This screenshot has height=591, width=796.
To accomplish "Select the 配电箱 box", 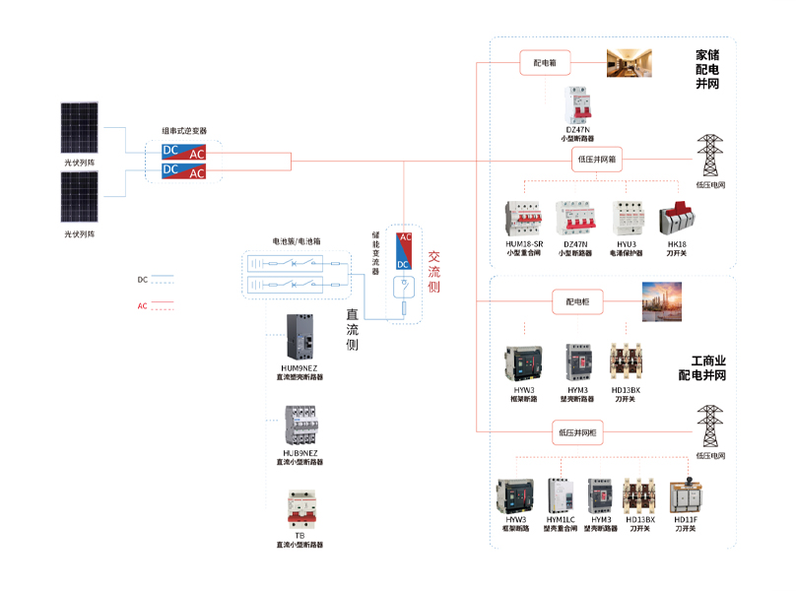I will (545, 63).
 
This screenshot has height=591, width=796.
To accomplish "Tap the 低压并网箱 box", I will (598, 159).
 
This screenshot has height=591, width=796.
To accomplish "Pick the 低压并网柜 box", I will (578, 431).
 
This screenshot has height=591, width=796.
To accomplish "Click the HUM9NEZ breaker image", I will (299, 338).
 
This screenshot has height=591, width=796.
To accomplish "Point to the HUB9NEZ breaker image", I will (299, 425).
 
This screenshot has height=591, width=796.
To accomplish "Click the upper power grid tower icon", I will (710, 155).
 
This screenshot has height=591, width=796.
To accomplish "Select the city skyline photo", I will (660, 301).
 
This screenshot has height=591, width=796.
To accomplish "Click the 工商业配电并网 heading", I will (701, 368).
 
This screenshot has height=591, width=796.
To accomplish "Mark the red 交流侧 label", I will (433, 272).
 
